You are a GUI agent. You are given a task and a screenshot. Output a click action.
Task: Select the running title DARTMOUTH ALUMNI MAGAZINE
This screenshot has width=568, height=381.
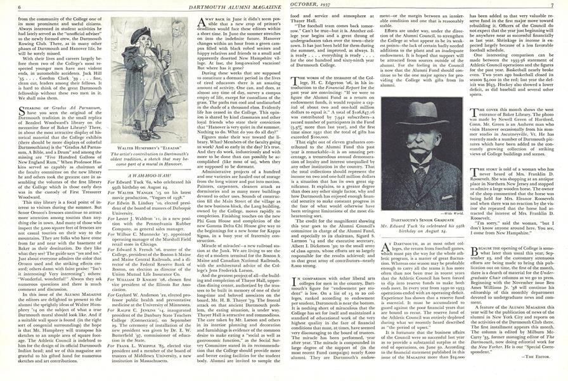point(226,6)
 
